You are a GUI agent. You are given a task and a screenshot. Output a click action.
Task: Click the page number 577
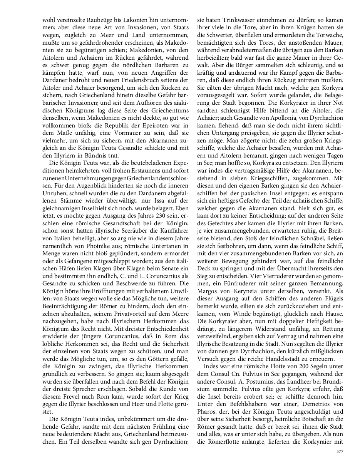[339, 451]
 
